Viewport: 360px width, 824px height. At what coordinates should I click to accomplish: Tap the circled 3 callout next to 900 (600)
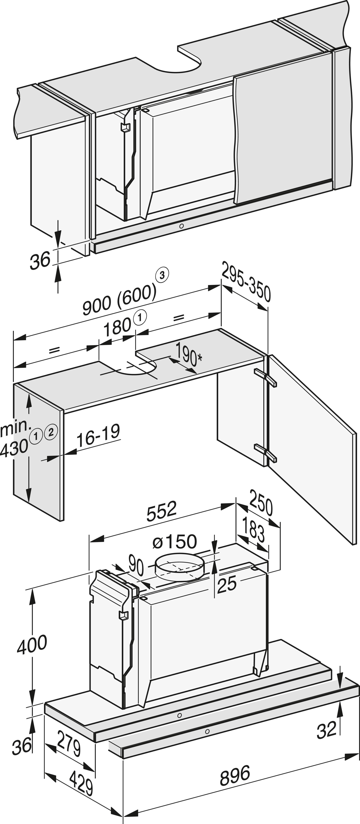pyautogui.click(x=162, y=276)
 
